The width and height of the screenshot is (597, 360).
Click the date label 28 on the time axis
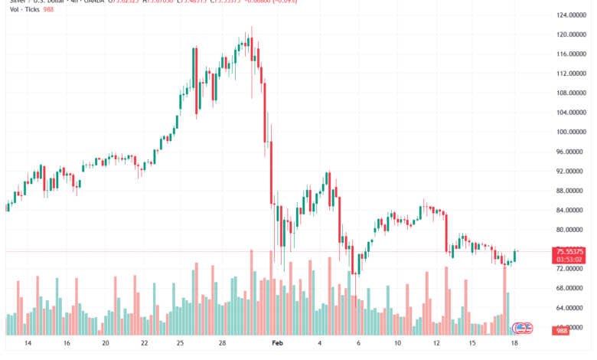(220, 345)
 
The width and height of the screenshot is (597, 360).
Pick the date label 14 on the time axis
(29, 345)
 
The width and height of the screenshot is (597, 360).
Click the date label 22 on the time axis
(144, 345)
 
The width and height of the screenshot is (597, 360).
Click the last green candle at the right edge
(515, 256)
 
